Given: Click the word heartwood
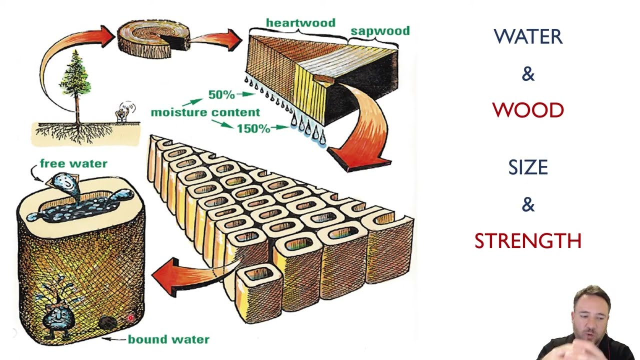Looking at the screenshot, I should pos(300,23).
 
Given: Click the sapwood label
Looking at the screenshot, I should pos(380,31).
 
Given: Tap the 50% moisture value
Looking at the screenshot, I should pos(221,94).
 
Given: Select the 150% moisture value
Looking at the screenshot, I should pos(253,128).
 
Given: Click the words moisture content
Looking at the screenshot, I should pos(205,112).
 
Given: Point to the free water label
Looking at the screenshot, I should pos(73,163).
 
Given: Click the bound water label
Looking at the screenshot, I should pos(168,339).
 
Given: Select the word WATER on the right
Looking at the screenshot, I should pos(528,37).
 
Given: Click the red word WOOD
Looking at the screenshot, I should pos(528,110).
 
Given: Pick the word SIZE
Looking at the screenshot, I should pos(528,167).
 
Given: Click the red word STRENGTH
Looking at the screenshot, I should pos(528,241).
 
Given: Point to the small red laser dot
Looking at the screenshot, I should pos(130,317).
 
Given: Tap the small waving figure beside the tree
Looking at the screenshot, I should pos(123,111).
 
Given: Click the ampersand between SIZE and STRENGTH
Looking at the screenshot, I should pos(528,204).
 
